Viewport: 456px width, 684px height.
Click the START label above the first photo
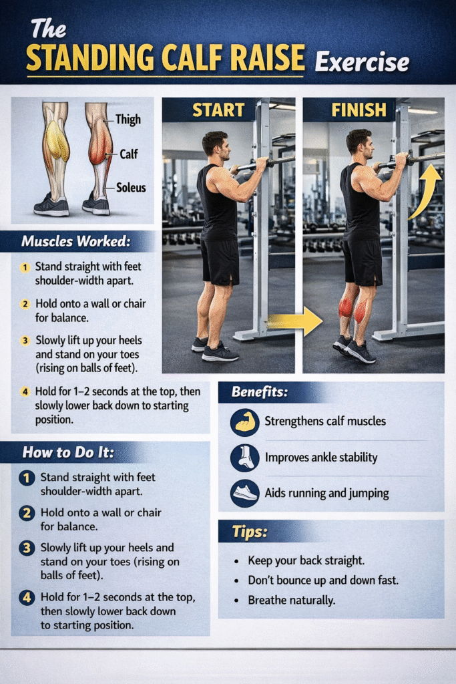pyautogui.click(x=218, y=110)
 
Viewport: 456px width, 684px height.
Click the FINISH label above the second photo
pyautogui.click(x=359, y=110)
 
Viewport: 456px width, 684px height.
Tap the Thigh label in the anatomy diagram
pyautogui.click(x=128, y=120)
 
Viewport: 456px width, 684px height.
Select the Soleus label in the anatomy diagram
pyautogui.click(x=131, y=188)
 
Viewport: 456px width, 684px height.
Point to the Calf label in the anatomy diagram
pyautogui.click(x=129, y=154)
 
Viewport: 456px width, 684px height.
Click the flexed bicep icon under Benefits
pyautogui.click(x=244, y=422)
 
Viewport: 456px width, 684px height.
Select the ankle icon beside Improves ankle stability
pyautogui.click(x=244, y=458)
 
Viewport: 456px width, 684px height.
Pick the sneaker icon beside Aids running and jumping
pyautogui.click(x=244, y=494)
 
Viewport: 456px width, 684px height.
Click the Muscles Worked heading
pyautogui.click(x=76, y=241)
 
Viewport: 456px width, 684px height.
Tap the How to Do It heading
pyautogui.click(x=68, y=452)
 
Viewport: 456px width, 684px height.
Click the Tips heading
pyautogui.click(x=250, y=532)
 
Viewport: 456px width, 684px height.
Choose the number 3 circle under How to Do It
pyautogui.click(x=27, y=548)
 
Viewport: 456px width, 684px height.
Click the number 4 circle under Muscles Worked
pyautogui.click(x=25, y=391)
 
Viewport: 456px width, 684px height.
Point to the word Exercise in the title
pyautogui.click(x=363, y=61)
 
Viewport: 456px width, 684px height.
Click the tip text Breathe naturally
pyautogui.click(x=292, y=601)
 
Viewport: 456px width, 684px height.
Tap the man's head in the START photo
pyautogui.click(x=216, y=145)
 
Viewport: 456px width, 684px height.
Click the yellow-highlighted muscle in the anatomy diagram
pyautogui.click(x=57, y=140)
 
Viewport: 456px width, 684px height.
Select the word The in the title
pyautogui.click(x=48, y=29)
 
